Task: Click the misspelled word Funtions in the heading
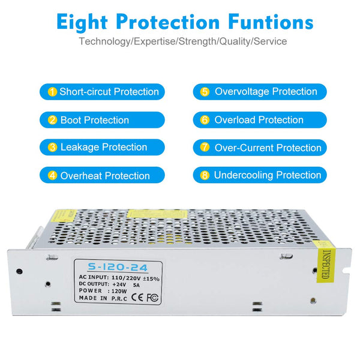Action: coord(271,22)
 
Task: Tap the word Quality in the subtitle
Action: coord(235,41)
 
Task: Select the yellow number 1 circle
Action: coord(52,92)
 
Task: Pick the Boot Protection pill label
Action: coord(102,120)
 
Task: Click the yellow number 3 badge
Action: coord(52,147)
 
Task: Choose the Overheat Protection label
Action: coord(102,175)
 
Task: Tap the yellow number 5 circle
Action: coord(205,92)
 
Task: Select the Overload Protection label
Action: coord(260,120)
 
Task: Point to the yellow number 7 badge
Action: coord(205,147)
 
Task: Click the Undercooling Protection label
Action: coord(260,175)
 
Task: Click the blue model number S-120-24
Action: coord(118,267)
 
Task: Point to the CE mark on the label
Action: coord(137,298)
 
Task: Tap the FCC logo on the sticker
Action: coord(152,298)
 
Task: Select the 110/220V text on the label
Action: coord(126,278)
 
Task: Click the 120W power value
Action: coord(119,292)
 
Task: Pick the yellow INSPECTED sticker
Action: coord(326,262)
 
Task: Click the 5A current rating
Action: coord(136,285)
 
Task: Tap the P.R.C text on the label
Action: coord(119,298)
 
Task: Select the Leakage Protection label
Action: coord(102,147)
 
